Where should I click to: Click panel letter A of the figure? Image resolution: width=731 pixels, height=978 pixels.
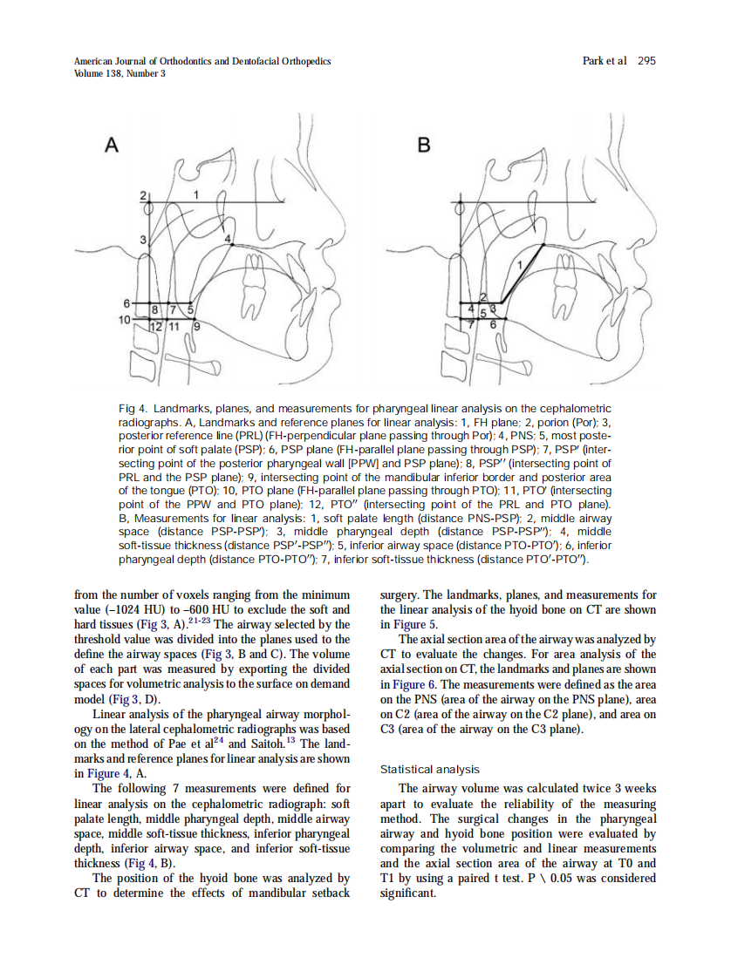click(x=111, y=146)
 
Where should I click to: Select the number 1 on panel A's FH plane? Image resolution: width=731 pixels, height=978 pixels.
click(x=195, y=194)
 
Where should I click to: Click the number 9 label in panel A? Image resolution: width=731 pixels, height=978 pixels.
click(x=197, y=327)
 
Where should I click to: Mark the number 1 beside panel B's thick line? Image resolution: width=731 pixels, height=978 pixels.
click(x=520, y=263)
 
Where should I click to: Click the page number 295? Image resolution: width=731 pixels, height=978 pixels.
click(x=646, y=61)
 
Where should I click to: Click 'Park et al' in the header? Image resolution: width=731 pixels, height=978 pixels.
click(x=604, y=61)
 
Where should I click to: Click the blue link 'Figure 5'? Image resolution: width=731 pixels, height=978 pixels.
click(x=403, y=624)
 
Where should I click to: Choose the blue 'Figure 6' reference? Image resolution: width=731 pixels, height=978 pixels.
click(x=405, y=685)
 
